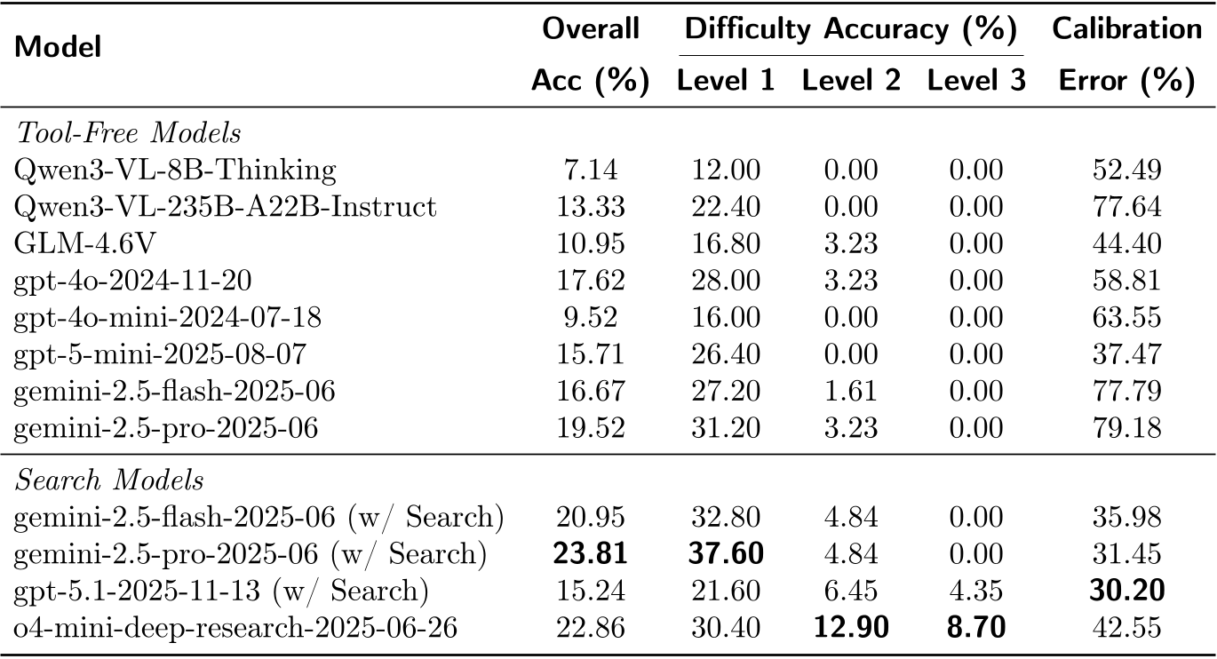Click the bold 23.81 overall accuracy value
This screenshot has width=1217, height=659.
590,555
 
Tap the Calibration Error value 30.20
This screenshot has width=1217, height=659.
1126,591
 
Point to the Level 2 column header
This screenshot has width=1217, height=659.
852,82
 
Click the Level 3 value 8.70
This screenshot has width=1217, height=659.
976,628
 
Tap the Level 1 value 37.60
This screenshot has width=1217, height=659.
726,555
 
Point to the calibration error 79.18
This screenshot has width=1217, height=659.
1126,429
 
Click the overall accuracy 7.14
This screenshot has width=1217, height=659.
590,170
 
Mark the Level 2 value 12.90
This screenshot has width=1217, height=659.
851,628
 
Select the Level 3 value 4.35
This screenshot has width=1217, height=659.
976,592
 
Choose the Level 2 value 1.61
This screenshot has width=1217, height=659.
851,392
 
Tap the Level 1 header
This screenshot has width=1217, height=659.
726,82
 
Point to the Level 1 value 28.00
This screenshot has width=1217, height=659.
726,281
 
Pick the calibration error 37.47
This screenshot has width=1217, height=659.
1126,355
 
